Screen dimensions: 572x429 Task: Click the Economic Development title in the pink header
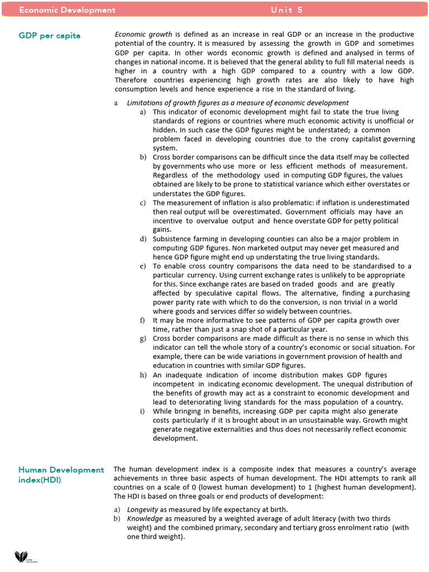coord(67,10)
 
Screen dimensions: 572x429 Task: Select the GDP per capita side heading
coord(49,35)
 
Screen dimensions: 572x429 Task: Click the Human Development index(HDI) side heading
coord(61,475)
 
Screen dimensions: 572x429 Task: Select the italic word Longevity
coord(142,509)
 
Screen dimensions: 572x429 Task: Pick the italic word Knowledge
coord(145,518)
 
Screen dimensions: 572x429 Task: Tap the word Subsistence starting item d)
coord(174,239)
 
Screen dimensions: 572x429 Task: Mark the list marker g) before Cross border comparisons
coord(143,339)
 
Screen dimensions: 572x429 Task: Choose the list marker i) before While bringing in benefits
coord(143,411)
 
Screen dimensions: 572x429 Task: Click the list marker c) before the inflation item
coord(143,203)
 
